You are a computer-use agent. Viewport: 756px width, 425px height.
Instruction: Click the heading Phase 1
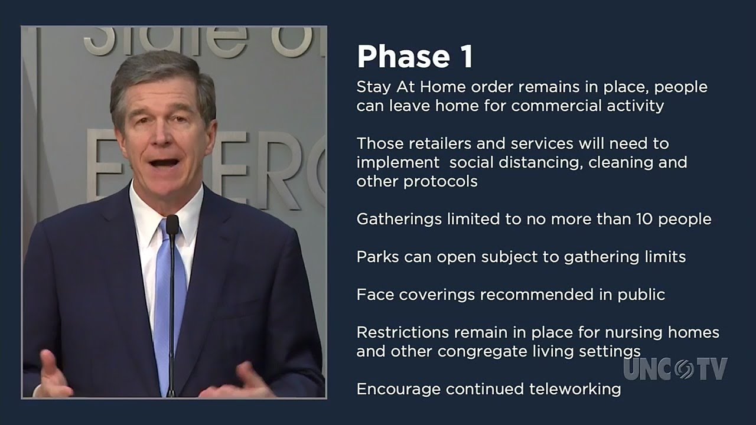[415, 57]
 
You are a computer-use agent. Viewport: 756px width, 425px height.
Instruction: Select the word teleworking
[575, 390]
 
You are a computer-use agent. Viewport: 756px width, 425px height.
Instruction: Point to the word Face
[375, 295]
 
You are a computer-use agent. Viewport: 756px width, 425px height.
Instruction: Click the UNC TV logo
[675, 369]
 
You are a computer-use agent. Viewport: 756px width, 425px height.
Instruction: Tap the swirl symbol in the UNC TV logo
[685, 369]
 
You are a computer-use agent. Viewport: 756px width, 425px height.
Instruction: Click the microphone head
[172, 224]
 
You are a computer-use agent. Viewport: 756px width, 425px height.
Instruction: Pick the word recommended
[537, 295]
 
